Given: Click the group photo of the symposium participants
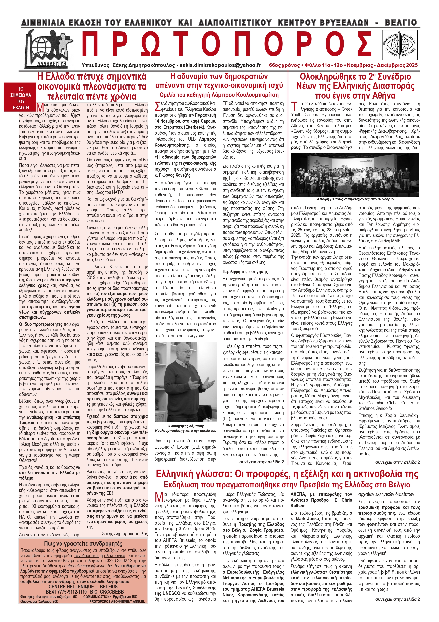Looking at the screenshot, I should pos(355,175).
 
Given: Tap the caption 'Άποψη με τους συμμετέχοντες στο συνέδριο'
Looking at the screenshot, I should pos(355,199).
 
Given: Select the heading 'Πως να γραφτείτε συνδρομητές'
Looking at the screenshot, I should pos(83,544).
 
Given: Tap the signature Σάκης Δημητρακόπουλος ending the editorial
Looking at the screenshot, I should pos(125,534).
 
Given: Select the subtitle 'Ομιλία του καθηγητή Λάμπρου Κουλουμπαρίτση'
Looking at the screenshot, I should pos(219,95).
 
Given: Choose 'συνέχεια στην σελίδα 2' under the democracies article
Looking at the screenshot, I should pos(261,462).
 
